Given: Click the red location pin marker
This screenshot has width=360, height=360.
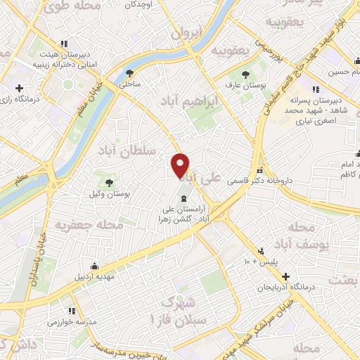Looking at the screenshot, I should tap(181, 165).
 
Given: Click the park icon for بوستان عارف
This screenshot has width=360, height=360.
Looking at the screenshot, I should tap(245, 75).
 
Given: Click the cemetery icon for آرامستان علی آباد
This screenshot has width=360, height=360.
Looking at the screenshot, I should tap(184, 198).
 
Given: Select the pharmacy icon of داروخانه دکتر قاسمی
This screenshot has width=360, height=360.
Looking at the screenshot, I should tap(260, 169).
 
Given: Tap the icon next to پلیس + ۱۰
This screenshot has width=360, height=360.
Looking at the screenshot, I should tap(262, 251).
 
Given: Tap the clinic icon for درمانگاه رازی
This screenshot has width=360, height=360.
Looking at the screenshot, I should tap(20, 88).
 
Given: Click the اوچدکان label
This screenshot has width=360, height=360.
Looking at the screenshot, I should tap(140, 4).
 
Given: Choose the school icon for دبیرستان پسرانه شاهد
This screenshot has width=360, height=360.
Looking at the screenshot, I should tap(316, 89).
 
